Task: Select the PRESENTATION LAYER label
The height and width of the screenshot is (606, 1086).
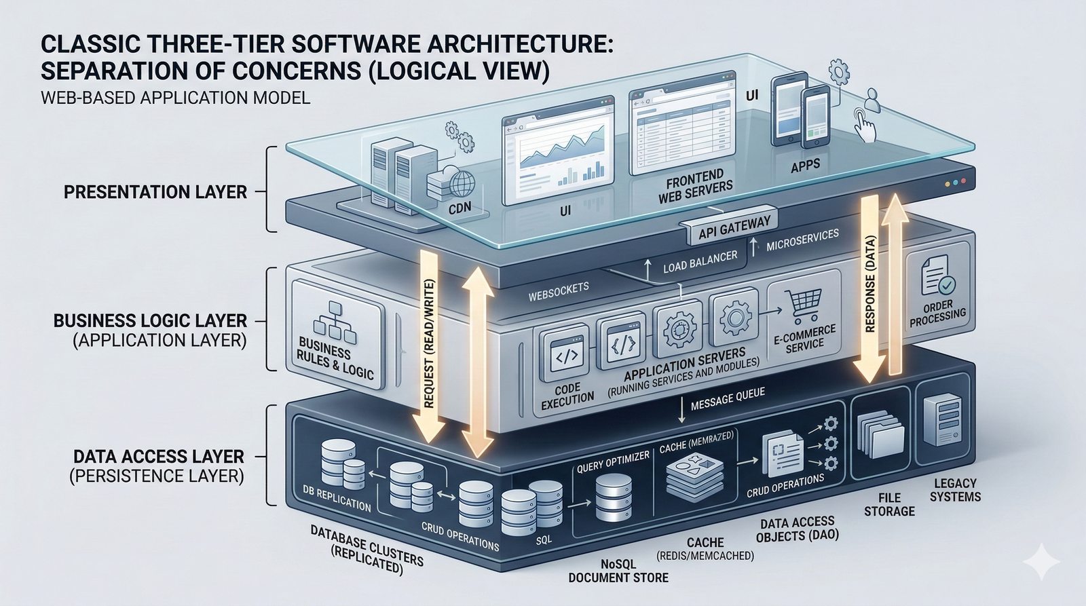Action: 155,192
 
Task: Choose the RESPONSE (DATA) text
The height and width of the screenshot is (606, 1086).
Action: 871,284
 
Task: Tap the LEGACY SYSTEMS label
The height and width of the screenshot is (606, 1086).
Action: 955,490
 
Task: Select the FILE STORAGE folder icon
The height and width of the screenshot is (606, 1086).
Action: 882,434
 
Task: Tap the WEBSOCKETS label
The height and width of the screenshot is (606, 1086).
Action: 559,292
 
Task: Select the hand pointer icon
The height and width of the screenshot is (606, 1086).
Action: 863,124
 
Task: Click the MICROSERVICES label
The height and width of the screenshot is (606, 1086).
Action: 802,240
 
